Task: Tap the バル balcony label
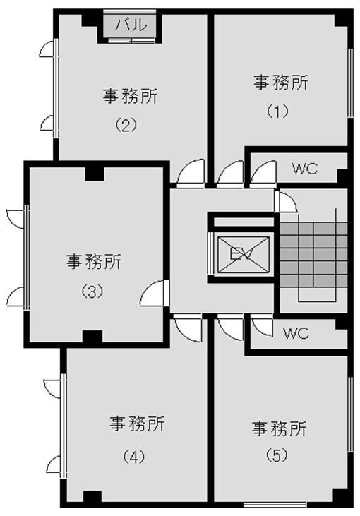pos(131,25)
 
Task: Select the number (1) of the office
pos(277,112)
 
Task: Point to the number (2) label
pos(126,125)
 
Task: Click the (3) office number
pos(92,291)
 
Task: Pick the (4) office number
pos(134,457)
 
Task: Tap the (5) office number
pos(277,455)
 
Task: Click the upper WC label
pos(305,169)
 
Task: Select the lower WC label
pos(296,333)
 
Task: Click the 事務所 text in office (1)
pos(281,83)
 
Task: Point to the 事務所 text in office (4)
pos(137,424)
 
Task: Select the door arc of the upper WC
pos(263,173)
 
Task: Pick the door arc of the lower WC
pos(262,326)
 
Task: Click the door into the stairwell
pos(286,201)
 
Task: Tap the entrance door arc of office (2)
pos(191,172)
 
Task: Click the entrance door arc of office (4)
pos(188,328)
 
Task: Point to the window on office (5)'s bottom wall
pos(275,504)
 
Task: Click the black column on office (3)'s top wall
pos(95,174)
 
